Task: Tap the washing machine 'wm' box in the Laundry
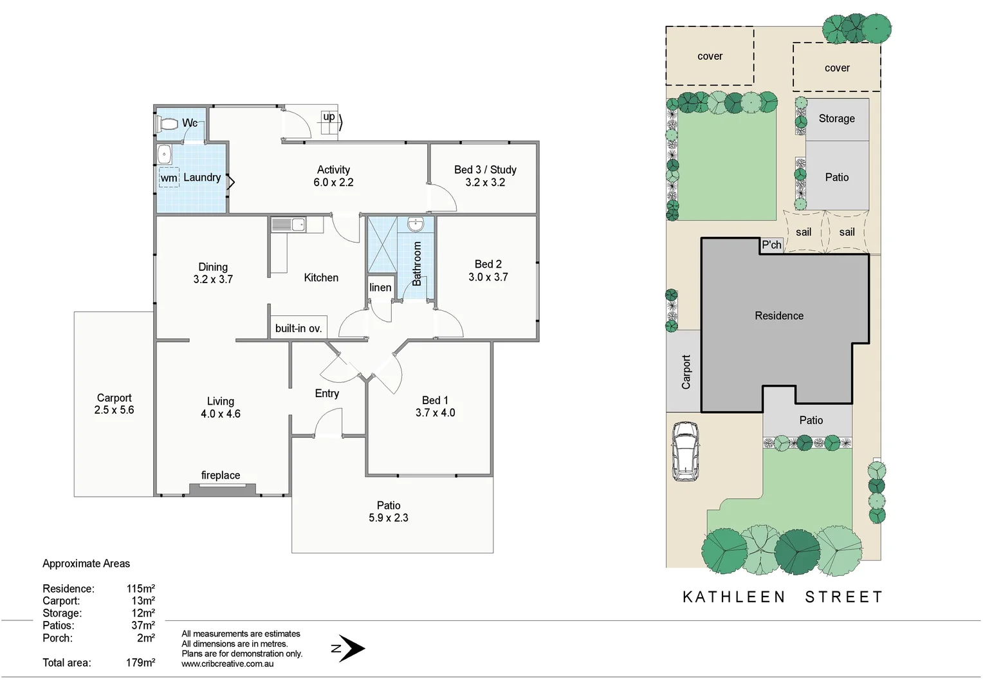click(x=169, y=178)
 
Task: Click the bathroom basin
click(x=416, y=225)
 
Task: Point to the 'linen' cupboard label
click(x=380, y=288)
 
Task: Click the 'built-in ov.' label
click(x=298, y=328)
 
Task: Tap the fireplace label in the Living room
click(x=221, y=476)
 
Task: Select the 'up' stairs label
click(x=329, y=116)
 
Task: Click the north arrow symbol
click(x=351, y=649)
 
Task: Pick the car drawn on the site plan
click(x=685, y=451)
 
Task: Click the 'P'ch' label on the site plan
click(x=771, y=245)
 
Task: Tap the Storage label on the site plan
click(x=836, y=118)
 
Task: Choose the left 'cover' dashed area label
click(x=710, y=57)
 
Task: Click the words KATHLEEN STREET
click(x=782, y=597)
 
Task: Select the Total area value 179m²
click(x=140, y=663)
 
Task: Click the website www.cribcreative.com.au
click(x=227, y=664)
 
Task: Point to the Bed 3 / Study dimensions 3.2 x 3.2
click(x=485, y=183)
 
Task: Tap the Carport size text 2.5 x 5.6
click(x=114, y=411)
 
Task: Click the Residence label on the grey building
click(x=779, y=316)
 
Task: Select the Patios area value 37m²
click(x=143, y=625)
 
